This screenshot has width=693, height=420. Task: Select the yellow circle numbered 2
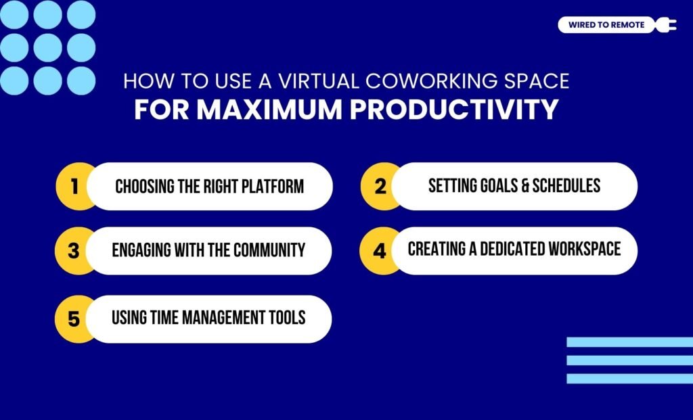click(380, 186)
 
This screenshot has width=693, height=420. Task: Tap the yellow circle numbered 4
click(380, 251)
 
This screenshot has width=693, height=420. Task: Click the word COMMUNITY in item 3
click(269, 250)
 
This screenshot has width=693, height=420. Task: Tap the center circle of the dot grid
click(47, 48)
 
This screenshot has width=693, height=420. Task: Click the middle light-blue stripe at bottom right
click(629, 360)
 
